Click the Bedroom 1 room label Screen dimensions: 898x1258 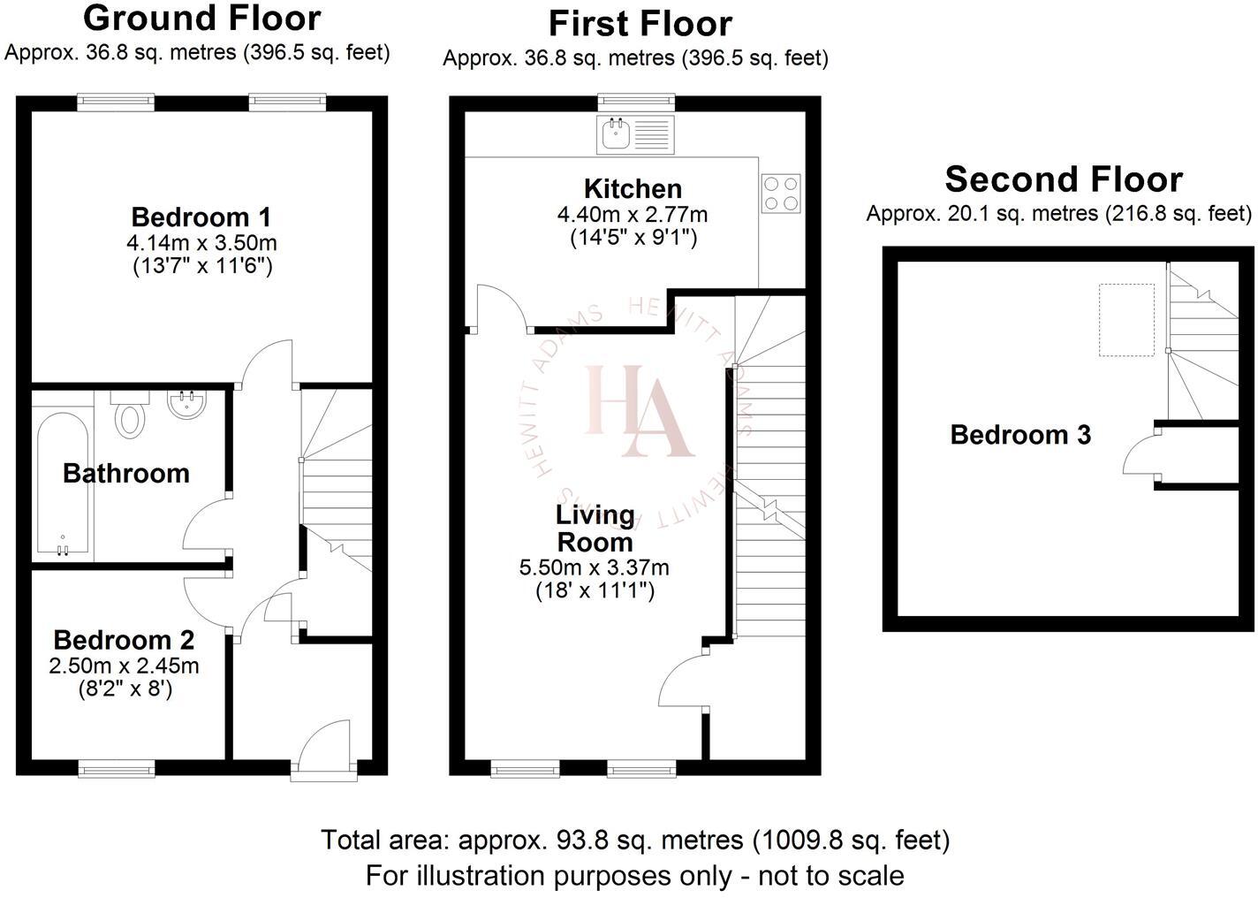coord(201,217)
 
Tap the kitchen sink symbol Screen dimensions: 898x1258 coord(636,135)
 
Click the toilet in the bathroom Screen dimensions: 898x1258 coord(131,418)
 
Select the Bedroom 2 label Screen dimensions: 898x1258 coord(124,640)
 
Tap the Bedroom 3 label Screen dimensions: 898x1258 coord(1020,435)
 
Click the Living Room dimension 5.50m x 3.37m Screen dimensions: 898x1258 coord(594,567)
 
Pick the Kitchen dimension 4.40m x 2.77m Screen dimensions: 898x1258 coord(632,215)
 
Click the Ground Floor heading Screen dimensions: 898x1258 coord(201,18)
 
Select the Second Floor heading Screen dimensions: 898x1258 coord(1063,179)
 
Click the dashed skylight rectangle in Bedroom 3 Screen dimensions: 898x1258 coord(1126,319)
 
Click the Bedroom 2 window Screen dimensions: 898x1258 coord(117,770)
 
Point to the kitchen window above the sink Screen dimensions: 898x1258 coord(636,103)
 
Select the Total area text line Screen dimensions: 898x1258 coord(634,839)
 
